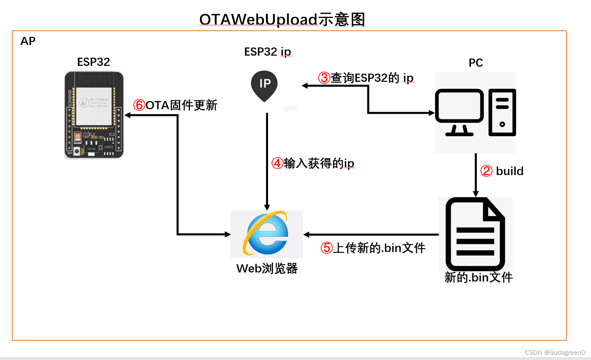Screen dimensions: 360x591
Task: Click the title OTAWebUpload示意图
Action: click(x=282, y=19)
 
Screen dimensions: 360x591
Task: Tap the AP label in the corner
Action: click(x=28, y=41)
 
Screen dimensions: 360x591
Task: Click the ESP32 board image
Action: click(x=94, y=115)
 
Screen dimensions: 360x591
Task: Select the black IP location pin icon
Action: click(x=264, y=85)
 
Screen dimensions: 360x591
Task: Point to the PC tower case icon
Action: click(x=502, y=112)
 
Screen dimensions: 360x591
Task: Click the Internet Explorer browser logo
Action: click(x=266, y=234)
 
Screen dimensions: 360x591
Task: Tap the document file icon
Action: click(x=475, y=234)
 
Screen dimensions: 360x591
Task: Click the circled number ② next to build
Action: click(x=486, y=171)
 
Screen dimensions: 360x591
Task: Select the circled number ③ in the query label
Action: click(x=324, y=78)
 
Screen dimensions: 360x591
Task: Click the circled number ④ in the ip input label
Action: click(x=277, y=163)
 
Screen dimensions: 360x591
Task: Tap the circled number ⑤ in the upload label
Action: click(x=327, y=248)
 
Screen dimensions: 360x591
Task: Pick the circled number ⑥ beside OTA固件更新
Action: click(x=139, y=105)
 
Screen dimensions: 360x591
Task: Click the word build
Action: click(x=510, y=171)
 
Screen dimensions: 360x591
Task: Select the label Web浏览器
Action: click(x=267, y=268)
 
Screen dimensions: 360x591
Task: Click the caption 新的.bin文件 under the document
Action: click(x=478, y=277)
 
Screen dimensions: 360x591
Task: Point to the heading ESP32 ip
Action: click(x=267, y=52)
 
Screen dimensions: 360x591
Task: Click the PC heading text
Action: click(x=476, y=63)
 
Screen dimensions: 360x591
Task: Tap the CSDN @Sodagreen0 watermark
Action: click(x=555, y=352)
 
